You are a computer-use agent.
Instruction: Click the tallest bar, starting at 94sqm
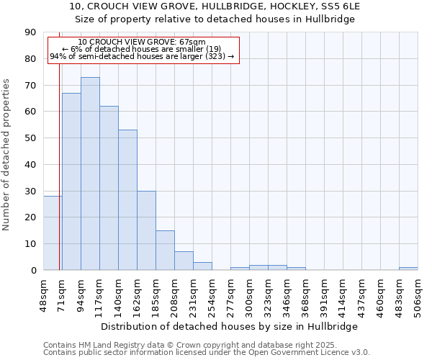tap(90, 174)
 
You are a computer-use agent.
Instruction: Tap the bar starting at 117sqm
tap(109, 188)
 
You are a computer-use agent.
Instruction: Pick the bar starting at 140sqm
tap(127, 200)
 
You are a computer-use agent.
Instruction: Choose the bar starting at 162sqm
tap(146, 230)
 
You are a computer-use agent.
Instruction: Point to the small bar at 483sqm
tap(408, 269)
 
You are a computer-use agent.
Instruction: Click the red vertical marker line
tap(59, 144)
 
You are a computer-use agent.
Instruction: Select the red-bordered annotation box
tap(142, 50)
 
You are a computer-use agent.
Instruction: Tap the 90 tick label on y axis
tap(30, 32)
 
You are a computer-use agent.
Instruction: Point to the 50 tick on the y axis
tap(30, 138)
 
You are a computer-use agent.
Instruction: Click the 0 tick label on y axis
tap(33, 270)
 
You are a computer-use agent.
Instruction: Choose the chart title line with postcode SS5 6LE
tap(215, 6)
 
